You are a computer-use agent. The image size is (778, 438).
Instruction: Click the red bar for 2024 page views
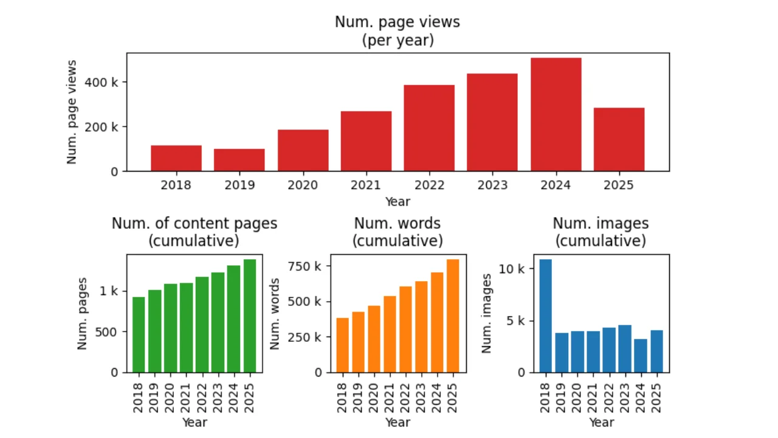click(x=556, y=114)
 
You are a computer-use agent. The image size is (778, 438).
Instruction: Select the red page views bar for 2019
click(x=239, y=160)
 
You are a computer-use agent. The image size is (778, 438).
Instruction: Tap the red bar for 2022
click(x=429, y=128)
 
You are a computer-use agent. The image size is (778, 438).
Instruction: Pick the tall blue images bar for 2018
click(x=545, y=316)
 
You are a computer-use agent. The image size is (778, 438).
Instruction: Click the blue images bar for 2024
click(x=641, y=355)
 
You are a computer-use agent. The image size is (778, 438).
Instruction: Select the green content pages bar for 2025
click(x=249, y=316)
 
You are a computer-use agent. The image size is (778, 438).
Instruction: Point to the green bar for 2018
click(x=139, y=335)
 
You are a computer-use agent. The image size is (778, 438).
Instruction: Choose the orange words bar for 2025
click(x=452, y=316)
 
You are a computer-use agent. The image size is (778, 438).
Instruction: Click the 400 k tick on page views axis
click(x=106, y=82)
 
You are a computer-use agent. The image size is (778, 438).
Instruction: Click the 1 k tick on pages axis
click(x=111, y=291)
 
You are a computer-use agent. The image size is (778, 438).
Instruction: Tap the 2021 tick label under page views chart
click(x=365, y=185)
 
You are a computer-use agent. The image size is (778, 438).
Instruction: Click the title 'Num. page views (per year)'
click(x=398, y=31)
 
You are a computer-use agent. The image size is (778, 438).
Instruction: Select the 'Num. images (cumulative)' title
click(x=600, y=232)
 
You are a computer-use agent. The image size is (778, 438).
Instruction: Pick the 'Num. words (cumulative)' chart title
click(x=398, y=232)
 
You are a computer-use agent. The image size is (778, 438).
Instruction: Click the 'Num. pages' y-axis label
click(x=83, y=313)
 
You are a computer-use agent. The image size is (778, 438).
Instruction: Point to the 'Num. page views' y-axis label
click(x=72, y=112)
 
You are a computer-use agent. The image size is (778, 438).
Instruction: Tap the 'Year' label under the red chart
click(x=398, y=201)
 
